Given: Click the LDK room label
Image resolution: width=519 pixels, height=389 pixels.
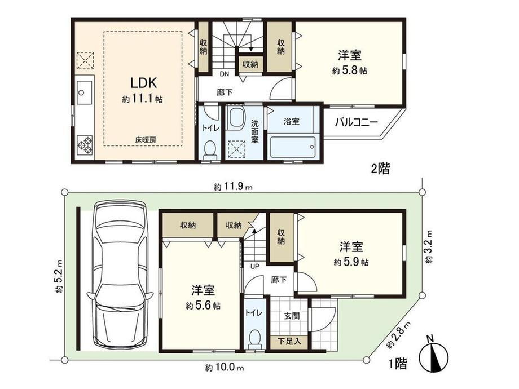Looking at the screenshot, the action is pyautogui.click(x=143, y=83).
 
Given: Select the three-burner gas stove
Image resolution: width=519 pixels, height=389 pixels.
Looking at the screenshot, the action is pyautogui.click(x=85, y=144).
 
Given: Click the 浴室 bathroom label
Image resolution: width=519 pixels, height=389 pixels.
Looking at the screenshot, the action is pyautogui.click(x=291, y=121).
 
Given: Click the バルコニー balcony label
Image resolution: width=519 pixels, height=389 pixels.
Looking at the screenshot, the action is pyautogui.click(x=356, y=123).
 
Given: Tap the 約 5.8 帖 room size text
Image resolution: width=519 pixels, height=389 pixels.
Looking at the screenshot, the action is pyautogui.click(x=350, y=71).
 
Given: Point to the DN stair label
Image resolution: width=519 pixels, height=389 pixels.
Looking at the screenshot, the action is pyautogui.click(x=225, y=74).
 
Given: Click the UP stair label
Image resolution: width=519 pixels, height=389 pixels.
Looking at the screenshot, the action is pyautogui.click(x=254, y=266).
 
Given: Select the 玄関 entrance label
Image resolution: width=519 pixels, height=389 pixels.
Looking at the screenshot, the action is pyautogui.click(x=292, y=315).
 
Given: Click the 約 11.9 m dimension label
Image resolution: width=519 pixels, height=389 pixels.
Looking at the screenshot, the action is pyautogui.click(x=233, y=187).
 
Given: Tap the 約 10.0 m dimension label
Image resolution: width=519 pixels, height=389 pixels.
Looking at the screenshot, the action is pyautogui.click(x=224, y=367).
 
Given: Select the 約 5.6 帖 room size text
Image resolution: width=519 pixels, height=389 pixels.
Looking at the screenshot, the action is pyautogui.click(x=203, y=306).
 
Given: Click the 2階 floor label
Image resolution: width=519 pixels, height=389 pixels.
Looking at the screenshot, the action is pyautogui.click(x=380, y=169).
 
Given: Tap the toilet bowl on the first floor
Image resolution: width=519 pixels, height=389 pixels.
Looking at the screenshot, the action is pyautogui.click(x=254, y=339).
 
